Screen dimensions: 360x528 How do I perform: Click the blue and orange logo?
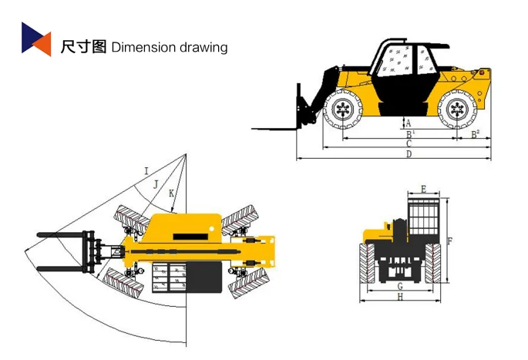click(x=35, y=39)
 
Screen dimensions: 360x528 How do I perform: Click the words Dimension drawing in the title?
click(x=170, y=47)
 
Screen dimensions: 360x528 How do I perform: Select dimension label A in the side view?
click(x=409, y=123)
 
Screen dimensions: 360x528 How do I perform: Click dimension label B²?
click(x=476, y=133)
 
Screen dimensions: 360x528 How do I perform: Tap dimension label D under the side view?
click(x=409, y=154)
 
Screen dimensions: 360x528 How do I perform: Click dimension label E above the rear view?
click(x=424, y=189)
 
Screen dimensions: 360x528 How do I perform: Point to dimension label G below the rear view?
click(x=400, y=286)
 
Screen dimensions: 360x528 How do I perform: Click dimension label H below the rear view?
click(x=400, y=297)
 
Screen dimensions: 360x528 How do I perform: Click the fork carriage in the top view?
click(x=96, y=251)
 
